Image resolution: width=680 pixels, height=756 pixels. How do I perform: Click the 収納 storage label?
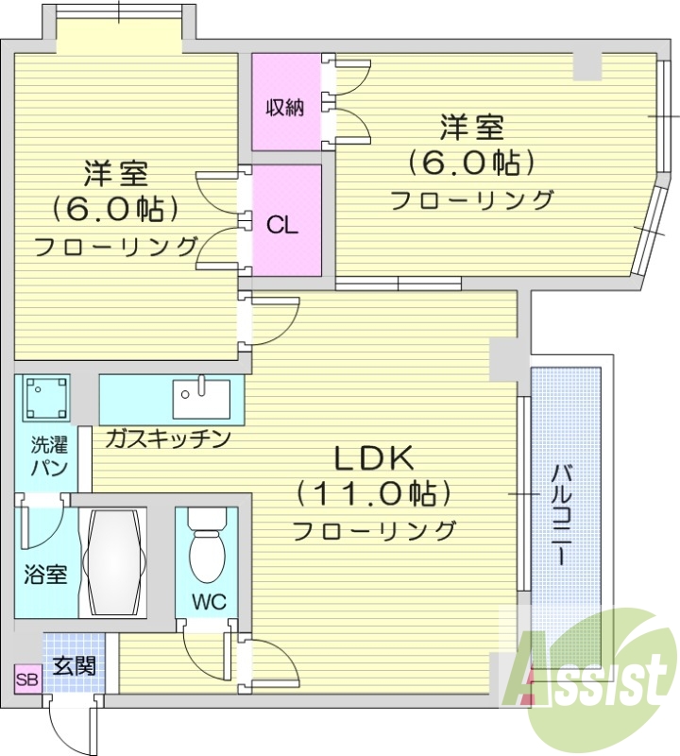click(x=283, y=107)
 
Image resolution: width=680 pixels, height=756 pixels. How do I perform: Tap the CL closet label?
click(x=282, y=226)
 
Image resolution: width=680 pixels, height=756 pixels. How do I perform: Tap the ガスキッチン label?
click(x=168, y=438)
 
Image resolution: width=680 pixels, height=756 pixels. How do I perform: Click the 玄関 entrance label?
click(x=73, y=665)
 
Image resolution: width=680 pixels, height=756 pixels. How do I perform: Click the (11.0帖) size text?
click(x=373, y=493)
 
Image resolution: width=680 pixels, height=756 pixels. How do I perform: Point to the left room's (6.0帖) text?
click(x=117, y=206)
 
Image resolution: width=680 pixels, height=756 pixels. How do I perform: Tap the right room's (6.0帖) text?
click(x=471, y=162)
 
